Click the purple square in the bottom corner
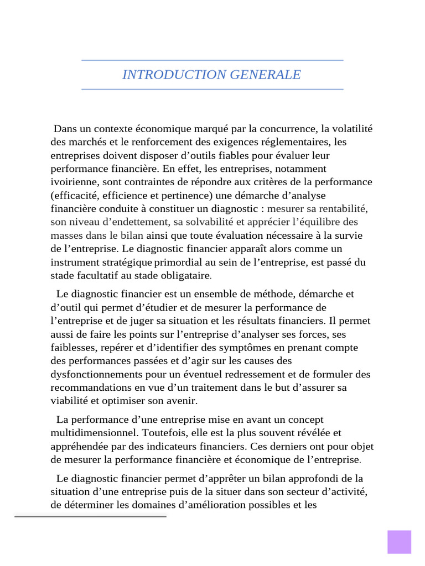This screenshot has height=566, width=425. [x=399, y=542]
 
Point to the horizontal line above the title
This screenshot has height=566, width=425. [x=212, y=60]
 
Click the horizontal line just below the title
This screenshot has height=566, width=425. [x=212, y=89]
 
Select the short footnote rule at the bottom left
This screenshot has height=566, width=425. [x=90, y=517]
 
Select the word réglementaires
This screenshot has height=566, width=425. [x=297, y=142]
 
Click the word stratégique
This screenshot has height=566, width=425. [x=127, y=262]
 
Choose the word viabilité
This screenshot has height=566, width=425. [x=69, y=401]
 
